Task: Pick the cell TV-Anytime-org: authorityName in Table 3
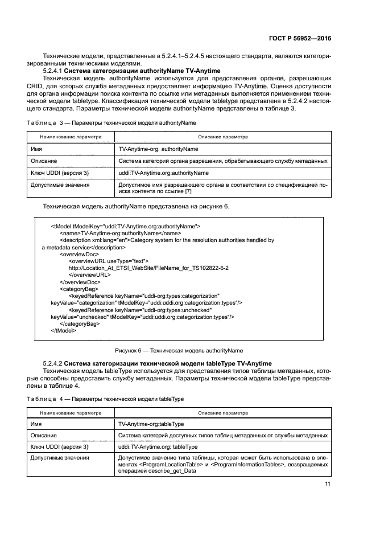coord(158,149)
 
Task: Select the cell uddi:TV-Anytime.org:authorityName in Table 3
coord(163,172)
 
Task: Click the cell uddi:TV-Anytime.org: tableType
coord(158,447)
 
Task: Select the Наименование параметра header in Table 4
coord(71,412)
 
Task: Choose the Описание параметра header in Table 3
coord(222,137)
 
